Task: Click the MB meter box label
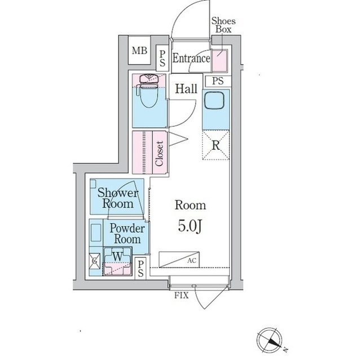point(139,50)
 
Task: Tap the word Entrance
point(191,58)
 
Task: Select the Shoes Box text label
point(223,25)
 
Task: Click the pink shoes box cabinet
point(219,61)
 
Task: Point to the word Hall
point(186,89)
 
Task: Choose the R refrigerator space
point(215,145)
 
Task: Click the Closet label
point(159,153)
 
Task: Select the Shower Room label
point(118,198)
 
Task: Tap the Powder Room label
point(127,234)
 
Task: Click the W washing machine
point(117,261)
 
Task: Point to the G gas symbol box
point(95,261)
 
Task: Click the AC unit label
point(192,260)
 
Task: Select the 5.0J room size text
point(190,226)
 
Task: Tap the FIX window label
point(181,295)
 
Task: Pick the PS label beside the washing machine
point(140,269)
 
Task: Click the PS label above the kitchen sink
point(218,81)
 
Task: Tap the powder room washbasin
point(96,233)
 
